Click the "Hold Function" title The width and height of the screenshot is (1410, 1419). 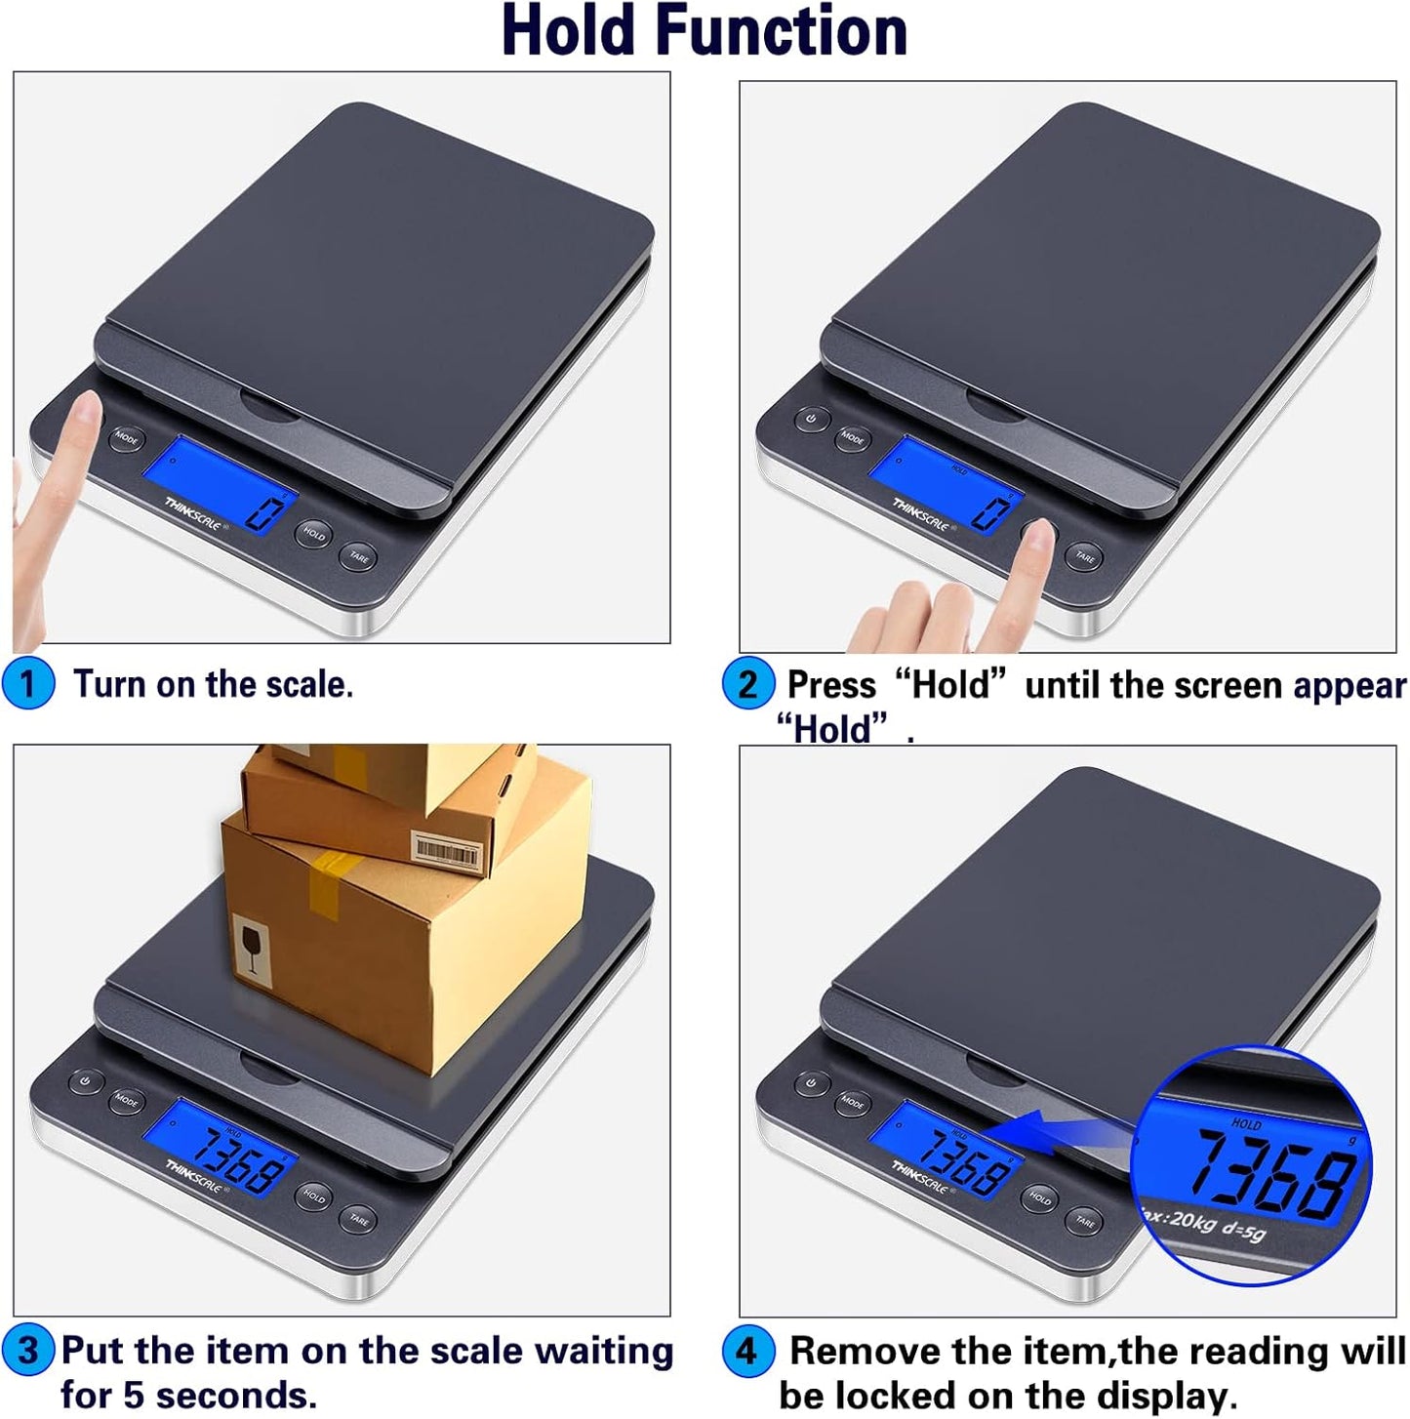tap(705, 32)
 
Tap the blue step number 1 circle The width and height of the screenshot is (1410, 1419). tap(27, 684)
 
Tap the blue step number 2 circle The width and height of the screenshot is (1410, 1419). tap(747, 684)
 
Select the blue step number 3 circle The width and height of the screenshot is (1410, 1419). tap(27, 1351)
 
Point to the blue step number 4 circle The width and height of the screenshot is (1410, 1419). tap(747, 1352)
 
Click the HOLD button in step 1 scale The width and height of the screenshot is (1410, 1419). tap(313, 534)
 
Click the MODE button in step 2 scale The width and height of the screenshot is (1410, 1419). tap(852, 439)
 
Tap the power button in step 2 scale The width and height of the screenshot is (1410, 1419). tap(812, 420)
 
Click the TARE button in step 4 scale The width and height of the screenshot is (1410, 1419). tap(1085, 1221)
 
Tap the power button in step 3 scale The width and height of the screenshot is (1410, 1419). tap(86, 1081)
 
